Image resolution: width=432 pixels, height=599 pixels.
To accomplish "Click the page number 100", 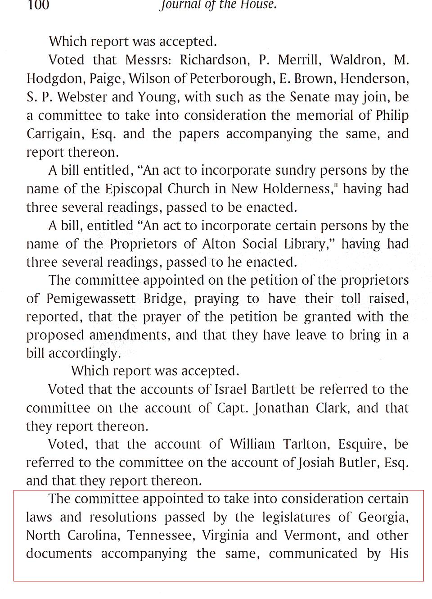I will (x=38, y=5).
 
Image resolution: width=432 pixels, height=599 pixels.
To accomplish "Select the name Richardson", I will (x=213, y=60).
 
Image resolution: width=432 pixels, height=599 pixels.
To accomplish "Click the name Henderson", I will (x=374, y=79).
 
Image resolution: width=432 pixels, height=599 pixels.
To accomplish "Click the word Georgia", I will (x=382, y=517).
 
